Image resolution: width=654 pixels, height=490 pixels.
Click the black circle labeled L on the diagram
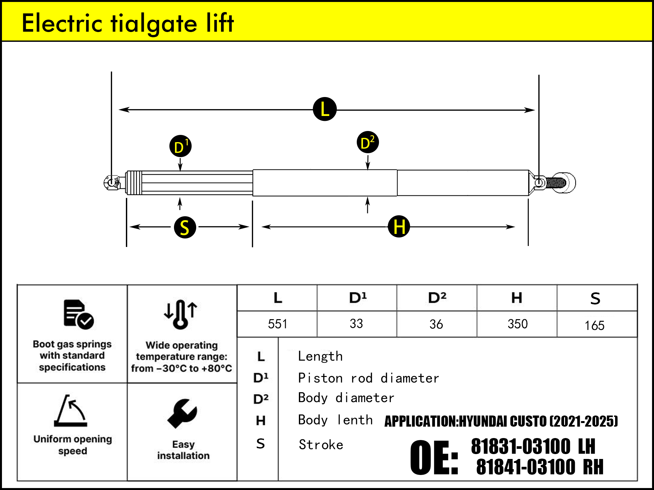pos(325,109)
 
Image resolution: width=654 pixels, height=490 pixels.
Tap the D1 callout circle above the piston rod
pos(180,146)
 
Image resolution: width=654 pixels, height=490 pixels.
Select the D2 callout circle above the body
pos(368,142)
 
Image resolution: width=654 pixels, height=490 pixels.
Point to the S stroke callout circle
pos(185,227)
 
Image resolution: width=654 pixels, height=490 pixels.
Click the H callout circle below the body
pos(399,226)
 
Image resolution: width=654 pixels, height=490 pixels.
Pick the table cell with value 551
pos(277,324)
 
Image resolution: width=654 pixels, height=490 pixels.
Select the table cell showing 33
pos(356,324)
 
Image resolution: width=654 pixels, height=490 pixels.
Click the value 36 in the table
pos(436,324)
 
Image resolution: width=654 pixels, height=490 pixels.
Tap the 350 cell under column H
pos(517,324)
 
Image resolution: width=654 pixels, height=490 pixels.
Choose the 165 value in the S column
pos(594,325)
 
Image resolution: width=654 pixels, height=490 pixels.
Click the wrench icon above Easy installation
pos(182,413)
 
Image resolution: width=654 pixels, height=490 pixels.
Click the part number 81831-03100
pos(521,447)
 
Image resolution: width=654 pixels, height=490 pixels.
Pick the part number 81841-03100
pos(525,467)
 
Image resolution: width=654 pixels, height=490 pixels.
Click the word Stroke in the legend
pos(321,445)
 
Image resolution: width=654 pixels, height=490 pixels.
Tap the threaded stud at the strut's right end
pos(556,182)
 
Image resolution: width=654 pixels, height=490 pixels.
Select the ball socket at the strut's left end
pos(112,182)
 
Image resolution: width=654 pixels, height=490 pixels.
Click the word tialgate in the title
pos(154,24)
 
